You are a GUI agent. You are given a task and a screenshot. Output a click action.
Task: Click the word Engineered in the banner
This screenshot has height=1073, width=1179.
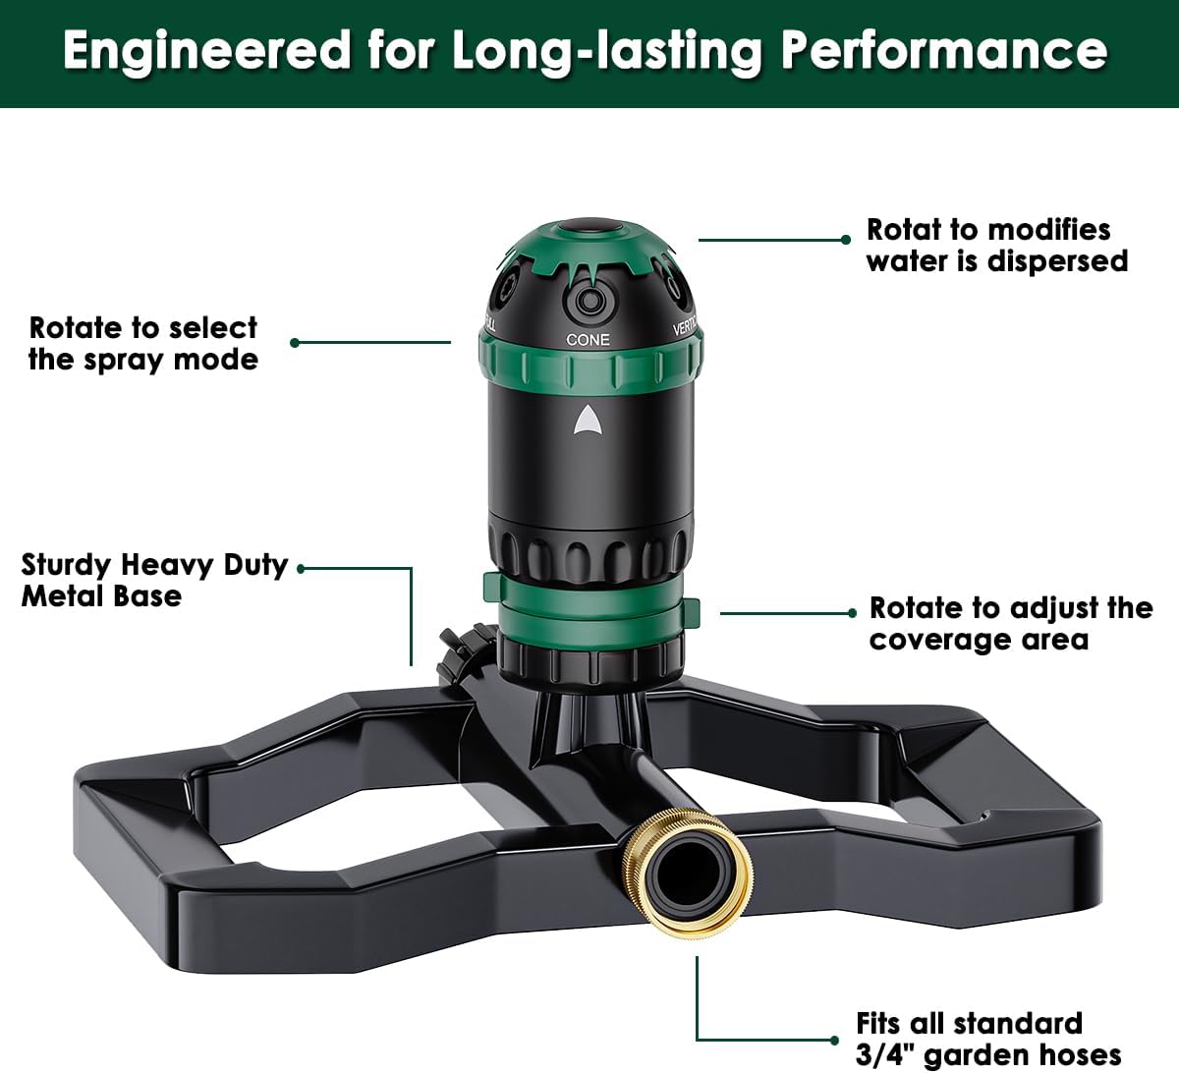(207, 52)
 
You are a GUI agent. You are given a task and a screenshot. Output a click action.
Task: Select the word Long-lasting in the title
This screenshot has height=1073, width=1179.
(606, 53)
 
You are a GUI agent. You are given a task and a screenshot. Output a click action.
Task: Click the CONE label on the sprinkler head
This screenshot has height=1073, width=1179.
(588, 340)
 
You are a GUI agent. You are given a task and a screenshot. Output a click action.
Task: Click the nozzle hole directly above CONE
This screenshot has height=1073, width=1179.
(589, 303)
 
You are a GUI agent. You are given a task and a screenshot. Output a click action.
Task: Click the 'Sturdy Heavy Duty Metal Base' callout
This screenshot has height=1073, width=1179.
(154, 581)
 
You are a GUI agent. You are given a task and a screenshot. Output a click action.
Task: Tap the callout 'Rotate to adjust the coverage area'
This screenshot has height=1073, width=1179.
(1011, 624)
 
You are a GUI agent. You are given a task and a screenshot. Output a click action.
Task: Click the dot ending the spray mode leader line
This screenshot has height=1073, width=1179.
(295, 343)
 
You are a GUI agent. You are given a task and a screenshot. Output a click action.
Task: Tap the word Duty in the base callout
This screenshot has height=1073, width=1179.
(255, 566)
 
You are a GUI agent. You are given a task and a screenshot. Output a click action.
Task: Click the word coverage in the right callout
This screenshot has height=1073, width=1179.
(940, 641)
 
